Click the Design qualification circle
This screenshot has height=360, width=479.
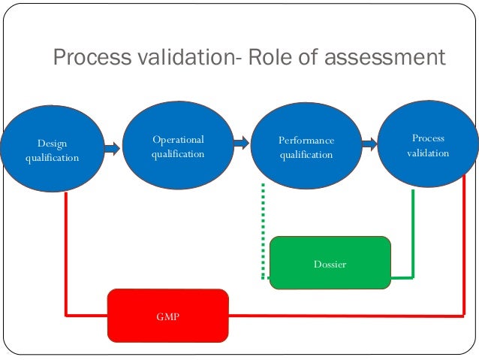point(51,150)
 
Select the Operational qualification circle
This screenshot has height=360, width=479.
point(177,146)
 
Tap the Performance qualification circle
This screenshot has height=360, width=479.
point(306,147)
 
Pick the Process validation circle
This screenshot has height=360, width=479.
point(428,145)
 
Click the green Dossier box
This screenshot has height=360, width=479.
point(330,263)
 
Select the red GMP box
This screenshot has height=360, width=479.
point(167,316)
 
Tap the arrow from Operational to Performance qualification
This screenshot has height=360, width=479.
point(241,143)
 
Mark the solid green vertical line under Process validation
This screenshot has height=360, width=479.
point(413,233)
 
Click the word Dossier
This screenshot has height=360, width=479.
point(330,265)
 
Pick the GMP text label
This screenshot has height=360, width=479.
point(167,317)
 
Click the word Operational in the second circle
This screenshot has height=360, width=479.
point(178,139)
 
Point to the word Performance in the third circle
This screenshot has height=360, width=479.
point(306,141)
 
